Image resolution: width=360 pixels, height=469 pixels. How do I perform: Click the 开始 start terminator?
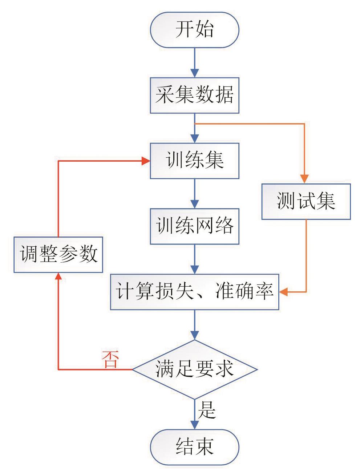195,30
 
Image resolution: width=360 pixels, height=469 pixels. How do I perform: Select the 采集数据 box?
195,95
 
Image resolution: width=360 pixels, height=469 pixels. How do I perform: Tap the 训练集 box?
195,161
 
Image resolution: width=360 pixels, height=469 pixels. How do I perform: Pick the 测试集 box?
306,201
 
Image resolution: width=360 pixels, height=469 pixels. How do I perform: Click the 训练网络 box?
195,226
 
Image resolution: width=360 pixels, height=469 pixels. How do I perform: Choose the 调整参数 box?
58,254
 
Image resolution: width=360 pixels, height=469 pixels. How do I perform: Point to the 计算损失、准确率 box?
195,292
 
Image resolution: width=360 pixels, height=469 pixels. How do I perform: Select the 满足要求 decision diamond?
195,370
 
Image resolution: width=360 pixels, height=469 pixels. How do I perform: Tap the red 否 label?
110,360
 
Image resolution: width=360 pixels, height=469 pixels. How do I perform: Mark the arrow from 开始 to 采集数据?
195,62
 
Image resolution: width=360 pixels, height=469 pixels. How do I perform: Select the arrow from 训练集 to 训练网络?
195,193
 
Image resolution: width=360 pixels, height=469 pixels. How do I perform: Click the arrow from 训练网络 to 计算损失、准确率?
195,259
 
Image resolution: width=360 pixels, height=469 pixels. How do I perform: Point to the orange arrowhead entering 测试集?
306,179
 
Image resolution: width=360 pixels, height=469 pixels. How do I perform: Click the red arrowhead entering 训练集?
146,161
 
